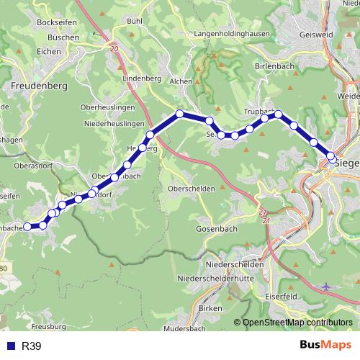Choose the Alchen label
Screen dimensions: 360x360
click(179, 81)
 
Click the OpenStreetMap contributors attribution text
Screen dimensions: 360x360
click(297, 323)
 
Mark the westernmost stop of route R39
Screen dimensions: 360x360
click(27, 226)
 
